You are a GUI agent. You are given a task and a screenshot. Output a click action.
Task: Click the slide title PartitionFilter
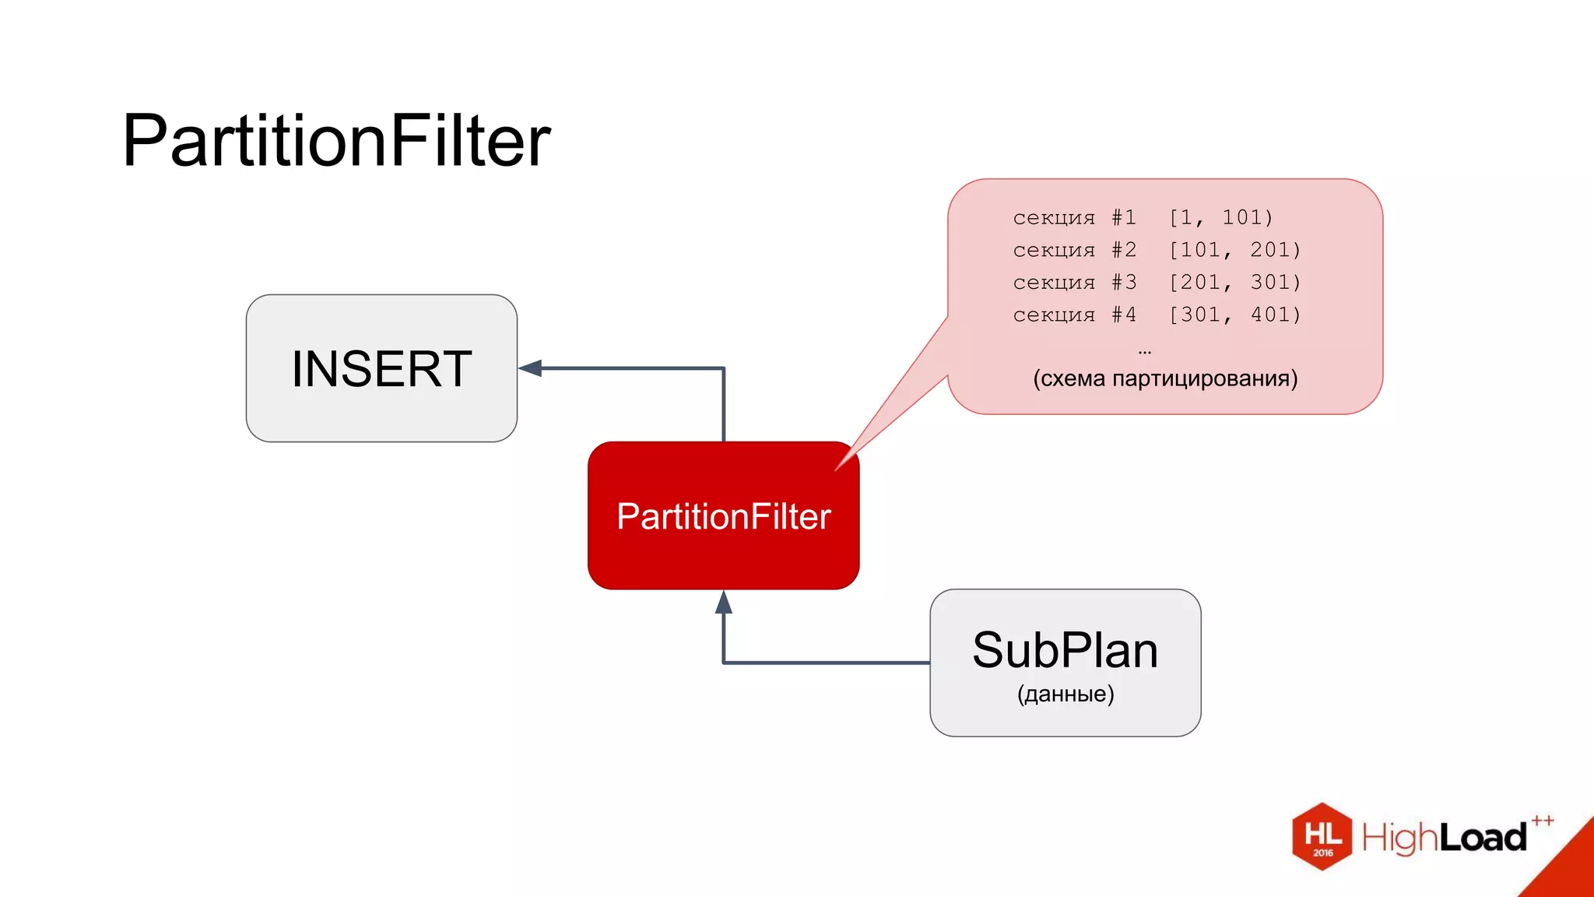(x=336, y=141)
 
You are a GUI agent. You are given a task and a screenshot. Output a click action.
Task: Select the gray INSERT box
(x=381, y=368)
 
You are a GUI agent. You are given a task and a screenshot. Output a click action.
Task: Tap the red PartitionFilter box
(x=723, y=515)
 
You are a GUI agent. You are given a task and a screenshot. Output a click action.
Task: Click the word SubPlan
(x=1065, y=650)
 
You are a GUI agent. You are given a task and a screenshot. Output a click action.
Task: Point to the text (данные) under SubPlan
(x=1065, y=694)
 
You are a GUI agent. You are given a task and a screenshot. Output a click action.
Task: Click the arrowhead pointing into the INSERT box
(x=531, y=368)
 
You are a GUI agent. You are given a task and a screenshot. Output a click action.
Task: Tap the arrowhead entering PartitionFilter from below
(x=724, y=602)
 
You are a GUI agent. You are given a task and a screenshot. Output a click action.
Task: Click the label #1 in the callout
(x=1124, y=217)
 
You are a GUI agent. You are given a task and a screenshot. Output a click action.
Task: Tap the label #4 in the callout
(x=1124, y=315)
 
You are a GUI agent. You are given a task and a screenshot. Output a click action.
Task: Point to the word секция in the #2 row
(x=1054, y=250)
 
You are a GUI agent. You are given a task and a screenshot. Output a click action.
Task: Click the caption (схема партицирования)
(x=1165, y=378)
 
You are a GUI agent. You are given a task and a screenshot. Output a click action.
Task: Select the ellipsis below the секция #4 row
(x=1144, y=352)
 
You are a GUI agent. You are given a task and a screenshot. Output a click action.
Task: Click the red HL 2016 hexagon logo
(x=1322, y=836)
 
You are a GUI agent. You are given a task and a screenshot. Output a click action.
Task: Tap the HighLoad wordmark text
(x=1444, y=838)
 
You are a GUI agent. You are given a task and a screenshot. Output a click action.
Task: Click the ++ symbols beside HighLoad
(x=1543, y=821)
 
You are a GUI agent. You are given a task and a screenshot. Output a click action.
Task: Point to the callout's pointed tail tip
(x=837, y=469)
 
